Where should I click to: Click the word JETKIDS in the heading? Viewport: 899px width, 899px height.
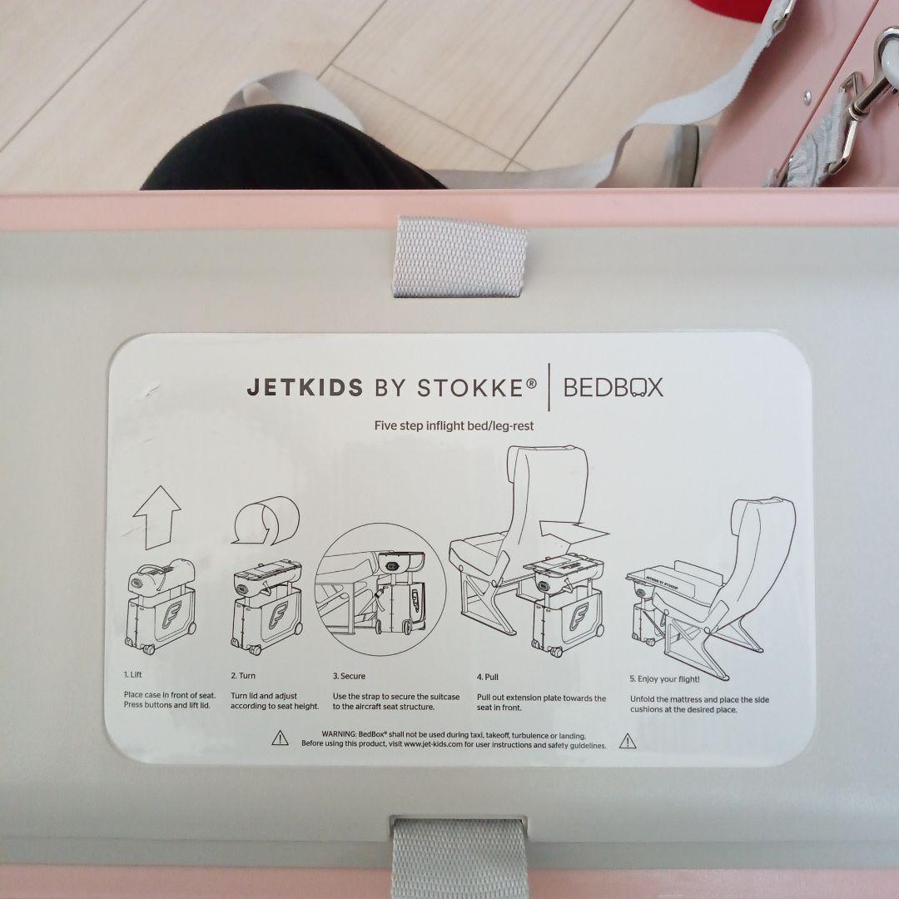(305, 388)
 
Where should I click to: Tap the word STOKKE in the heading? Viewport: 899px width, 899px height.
(471, 388)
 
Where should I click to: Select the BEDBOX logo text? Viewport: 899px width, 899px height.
(613, 388)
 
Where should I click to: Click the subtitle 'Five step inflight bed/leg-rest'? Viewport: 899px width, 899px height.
(454, 426)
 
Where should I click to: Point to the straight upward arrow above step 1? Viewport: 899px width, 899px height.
(157, 517)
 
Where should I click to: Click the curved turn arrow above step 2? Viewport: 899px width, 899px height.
(266, 520)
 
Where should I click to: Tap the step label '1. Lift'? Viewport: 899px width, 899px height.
(132, 674)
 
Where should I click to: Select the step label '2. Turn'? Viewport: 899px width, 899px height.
(243, 675)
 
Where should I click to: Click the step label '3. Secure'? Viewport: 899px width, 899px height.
(349, 676)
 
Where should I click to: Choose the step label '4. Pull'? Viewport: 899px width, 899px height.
(487, 677)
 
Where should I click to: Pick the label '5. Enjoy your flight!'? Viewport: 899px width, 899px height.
(664, 679)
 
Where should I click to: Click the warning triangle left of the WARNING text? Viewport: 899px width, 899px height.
(280, 738)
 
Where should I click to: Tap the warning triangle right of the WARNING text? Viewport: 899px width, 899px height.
(628, 742)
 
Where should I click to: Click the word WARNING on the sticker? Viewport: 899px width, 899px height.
(339, 734)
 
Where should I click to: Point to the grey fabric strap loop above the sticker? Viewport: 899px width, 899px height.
(459, 257)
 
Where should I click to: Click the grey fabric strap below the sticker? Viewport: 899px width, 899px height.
(460, 858)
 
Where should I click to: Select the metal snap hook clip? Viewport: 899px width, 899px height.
(868, 86)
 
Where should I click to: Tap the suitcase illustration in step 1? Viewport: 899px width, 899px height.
(160, 607)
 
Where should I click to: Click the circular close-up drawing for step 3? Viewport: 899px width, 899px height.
(380, 589)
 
